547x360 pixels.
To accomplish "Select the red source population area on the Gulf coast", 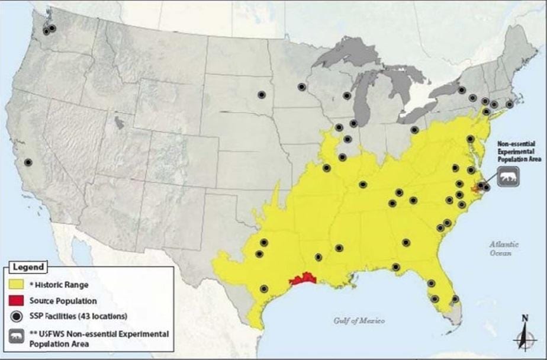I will point(303,279).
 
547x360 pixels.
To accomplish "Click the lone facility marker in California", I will point(28,162).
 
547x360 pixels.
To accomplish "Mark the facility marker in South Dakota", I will point(261,94).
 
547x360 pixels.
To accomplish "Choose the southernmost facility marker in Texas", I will point(264,289).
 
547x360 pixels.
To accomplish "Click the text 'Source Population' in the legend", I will point(63,301).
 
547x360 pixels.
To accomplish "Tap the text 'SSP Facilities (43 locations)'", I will point(78,316).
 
